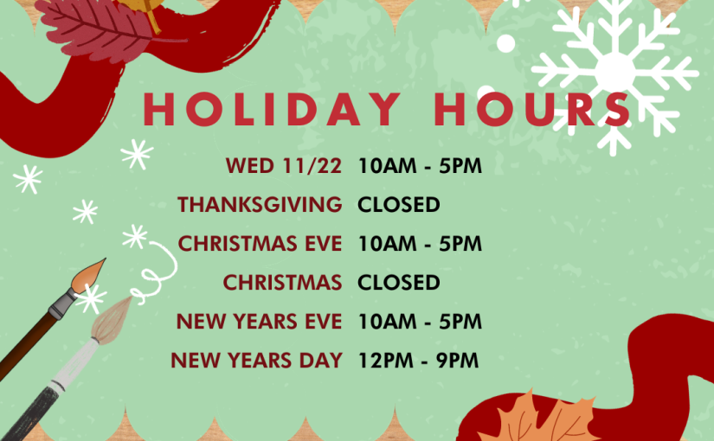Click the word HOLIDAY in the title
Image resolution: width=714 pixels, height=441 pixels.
tap(272, 109)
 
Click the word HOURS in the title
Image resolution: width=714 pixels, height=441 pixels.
tap(532, 109)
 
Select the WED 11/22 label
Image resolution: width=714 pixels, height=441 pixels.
tap(284, 166)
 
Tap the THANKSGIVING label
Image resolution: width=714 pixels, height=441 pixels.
tap(260, 204)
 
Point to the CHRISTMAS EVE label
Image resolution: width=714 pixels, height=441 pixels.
tap(260, 244)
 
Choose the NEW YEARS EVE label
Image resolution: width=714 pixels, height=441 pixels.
tap(259, 322)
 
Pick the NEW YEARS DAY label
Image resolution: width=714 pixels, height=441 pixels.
tap(256, 361)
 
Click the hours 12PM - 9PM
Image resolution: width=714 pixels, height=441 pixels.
tap(419, 361)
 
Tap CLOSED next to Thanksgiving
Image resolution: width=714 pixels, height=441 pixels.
tap(399, 204)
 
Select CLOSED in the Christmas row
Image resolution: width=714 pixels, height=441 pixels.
tap(399, 283)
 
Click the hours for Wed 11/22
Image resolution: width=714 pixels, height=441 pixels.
tap(420, 166)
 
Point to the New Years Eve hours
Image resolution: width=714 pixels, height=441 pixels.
tap(420, 322)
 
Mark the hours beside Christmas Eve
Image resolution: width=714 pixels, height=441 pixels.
tap(420, 244)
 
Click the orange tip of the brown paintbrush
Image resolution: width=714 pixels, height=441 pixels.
tap(88, 276)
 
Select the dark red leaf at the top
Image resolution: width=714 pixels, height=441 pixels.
tap(95, 28)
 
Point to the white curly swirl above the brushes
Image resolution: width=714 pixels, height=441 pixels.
tap(155, 273)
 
